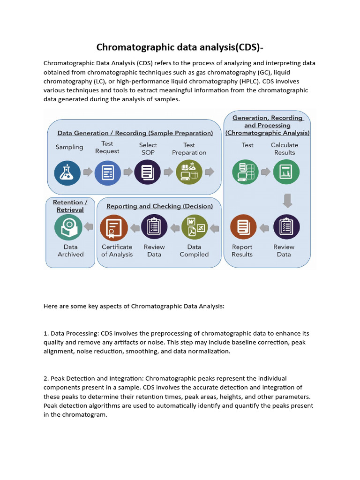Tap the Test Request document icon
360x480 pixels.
108,172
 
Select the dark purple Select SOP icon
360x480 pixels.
148,172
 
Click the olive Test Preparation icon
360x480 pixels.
189,172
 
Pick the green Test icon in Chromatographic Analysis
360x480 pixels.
246,172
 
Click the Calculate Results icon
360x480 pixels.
286,172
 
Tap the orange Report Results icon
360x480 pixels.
243,227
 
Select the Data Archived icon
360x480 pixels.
68,227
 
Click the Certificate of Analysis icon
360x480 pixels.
113,227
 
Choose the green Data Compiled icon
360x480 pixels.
194,227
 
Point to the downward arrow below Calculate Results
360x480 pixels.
287,201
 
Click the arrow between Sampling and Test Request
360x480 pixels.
88,172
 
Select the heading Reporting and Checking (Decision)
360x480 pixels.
159,206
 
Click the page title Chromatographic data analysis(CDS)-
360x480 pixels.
180,47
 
